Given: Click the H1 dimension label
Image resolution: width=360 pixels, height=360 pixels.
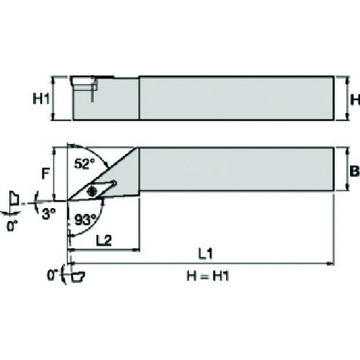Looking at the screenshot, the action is coord(41,99).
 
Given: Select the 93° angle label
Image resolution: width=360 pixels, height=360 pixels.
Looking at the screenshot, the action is coord(85,220).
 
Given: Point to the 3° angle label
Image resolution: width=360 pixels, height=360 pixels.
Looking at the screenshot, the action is coord(49,214).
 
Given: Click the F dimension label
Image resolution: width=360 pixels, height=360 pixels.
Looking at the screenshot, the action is coord(45,174).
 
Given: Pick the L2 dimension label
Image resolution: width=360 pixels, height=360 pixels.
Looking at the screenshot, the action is coord(104,240).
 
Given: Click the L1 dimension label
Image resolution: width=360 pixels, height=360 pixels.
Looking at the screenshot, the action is coord(206,253).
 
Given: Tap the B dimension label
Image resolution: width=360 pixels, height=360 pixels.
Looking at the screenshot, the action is coord(354,171).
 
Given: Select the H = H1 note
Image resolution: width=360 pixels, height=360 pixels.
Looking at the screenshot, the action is coord(208,276).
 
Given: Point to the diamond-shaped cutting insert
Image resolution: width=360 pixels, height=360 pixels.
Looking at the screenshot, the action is coord(91,191).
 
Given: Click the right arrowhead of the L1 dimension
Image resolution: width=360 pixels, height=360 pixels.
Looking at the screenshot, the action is coord(331,264).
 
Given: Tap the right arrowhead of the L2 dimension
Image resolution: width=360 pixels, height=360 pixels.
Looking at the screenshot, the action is coord(137,250).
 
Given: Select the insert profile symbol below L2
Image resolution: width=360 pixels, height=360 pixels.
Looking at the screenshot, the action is coord(78,276).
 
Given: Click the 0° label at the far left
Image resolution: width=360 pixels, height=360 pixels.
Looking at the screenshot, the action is coord(12,226).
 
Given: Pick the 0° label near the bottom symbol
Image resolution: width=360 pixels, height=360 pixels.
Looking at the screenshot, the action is coord(52,275).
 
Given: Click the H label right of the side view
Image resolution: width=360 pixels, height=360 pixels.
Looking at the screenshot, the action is coord(355,99).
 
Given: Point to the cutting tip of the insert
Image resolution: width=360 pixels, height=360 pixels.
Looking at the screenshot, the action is coord(68,199).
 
